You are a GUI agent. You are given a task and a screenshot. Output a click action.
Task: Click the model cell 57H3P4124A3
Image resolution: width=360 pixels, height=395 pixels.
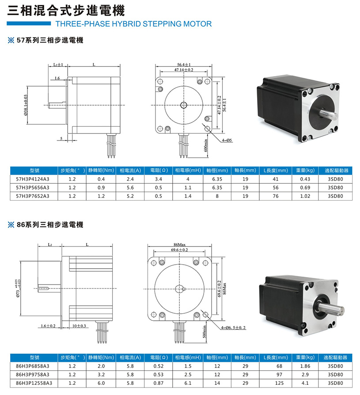tap(33, 179)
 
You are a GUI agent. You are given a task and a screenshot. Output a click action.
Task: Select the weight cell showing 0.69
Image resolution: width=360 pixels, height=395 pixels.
tap(305, 188)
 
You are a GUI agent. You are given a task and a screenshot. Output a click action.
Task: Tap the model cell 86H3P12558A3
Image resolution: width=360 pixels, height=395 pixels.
tap(34, 383)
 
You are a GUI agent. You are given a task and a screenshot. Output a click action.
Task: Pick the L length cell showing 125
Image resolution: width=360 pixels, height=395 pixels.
tap(279, 383)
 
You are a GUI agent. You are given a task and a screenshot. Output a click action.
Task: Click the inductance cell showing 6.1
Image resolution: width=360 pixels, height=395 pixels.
tap(188, 383)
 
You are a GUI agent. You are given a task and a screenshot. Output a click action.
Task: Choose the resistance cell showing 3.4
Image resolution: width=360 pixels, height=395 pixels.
tap(159, 179)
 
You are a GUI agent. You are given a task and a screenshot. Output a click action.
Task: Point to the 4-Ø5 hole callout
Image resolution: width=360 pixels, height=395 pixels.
tap(227, 141)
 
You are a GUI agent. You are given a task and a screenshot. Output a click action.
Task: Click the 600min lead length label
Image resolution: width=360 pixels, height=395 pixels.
tap(206, 145)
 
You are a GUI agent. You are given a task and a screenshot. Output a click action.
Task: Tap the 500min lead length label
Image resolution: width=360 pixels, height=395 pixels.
tap(205, 331)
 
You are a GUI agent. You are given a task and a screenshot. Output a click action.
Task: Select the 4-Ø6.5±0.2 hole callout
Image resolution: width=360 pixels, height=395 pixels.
tap(233, 327)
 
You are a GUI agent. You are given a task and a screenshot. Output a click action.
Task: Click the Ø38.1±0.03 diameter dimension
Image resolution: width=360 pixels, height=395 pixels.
tap(26, 105)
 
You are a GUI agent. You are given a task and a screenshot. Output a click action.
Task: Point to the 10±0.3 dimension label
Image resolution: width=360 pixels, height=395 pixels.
tap(79, 326)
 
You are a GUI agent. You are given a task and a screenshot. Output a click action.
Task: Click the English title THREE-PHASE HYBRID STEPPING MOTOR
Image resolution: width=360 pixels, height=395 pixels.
tap(133, 24)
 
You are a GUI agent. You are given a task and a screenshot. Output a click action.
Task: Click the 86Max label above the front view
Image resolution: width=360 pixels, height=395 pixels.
tap(179, 245)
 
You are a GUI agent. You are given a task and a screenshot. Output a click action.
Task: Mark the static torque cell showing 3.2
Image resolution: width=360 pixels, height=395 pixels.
tap(101, 375)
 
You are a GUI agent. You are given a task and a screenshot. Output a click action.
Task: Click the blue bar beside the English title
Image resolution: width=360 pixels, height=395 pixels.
tap(29, 23)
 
